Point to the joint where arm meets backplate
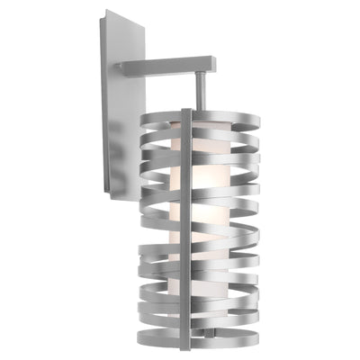(126, 67)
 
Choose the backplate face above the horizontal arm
(126, 40)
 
